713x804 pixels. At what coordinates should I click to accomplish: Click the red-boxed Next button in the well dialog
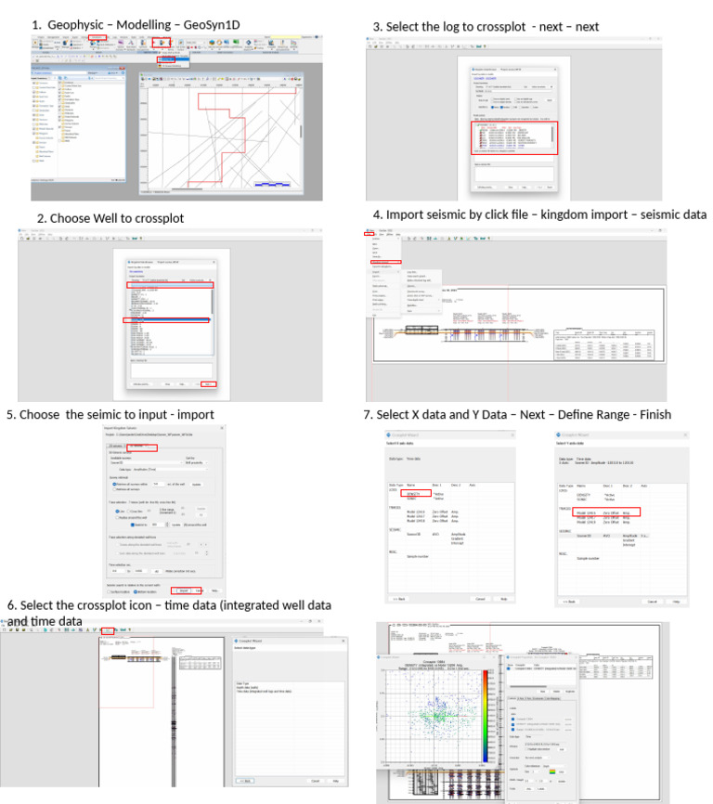208,383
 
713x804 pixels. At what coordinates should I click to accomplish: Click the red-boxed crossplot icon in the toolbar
108,630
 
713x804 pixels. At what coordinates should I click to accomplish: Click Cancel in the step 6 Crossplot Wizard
315,781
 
